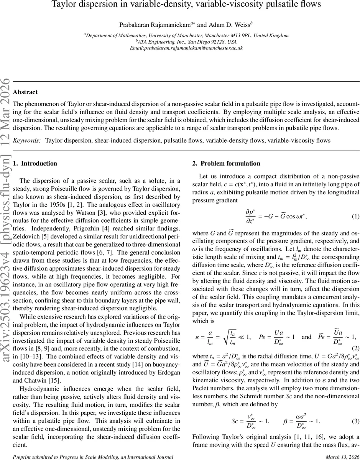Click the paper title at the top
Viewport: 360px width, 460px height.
click(x=186, y=5)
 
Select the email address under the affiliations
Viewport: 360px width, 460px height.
click(x=186, y=48)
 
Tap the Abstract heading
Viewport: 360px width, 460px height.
click(x=25, y=92)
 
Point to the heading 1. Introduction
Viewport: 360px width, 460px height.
click(x=35, y=163)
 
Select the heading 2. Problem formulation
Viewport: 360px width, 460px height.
click(x=226, y=163)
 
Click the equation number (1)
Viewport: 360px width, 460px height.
click(x=355, y=216)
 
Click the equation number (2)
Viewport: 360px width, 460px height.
click(x=355, y=348)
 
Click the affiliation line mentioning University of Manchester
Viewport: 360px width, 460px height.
click(x=186, y=35)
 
